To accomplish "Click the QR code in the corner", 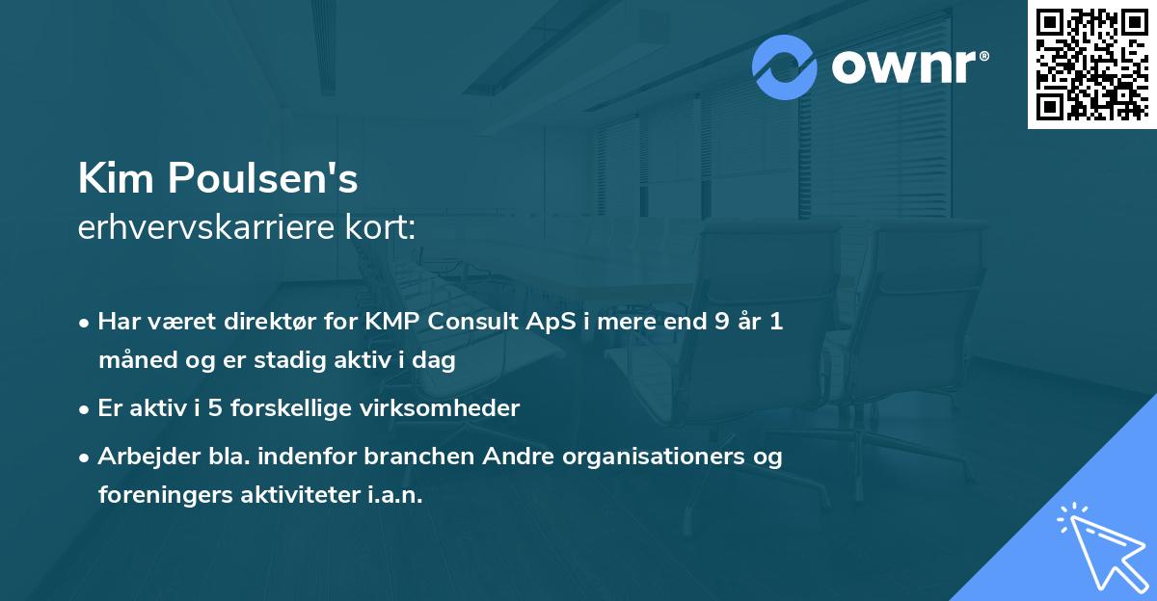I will [x=1092, y=64].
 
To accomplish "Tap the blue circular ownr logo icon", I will [x=785, y=66].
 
